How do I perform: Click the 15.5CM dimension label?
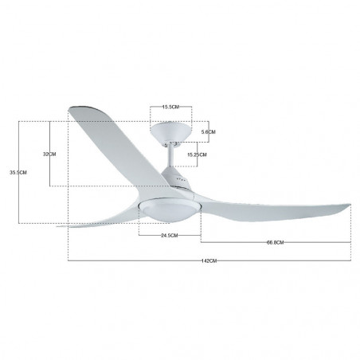tap(170, 107)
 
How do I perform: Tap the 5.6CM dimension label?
tap(209, 132)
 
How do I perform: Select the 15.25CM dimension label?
tap(197, 155)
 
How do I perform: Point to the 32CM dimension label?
tap(49, 154)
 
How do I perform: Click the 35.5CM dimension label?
tap(18, 172)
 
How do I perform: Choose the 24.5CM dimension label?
tap(170, 235)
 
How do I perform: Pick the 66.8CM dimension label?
tap(276, 242)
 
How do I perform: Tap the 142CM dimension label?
tap(209, 260)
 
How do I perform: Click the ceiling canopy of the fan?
tap(170, 131)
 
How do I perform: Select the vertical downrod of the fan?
tap(170, 157)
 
